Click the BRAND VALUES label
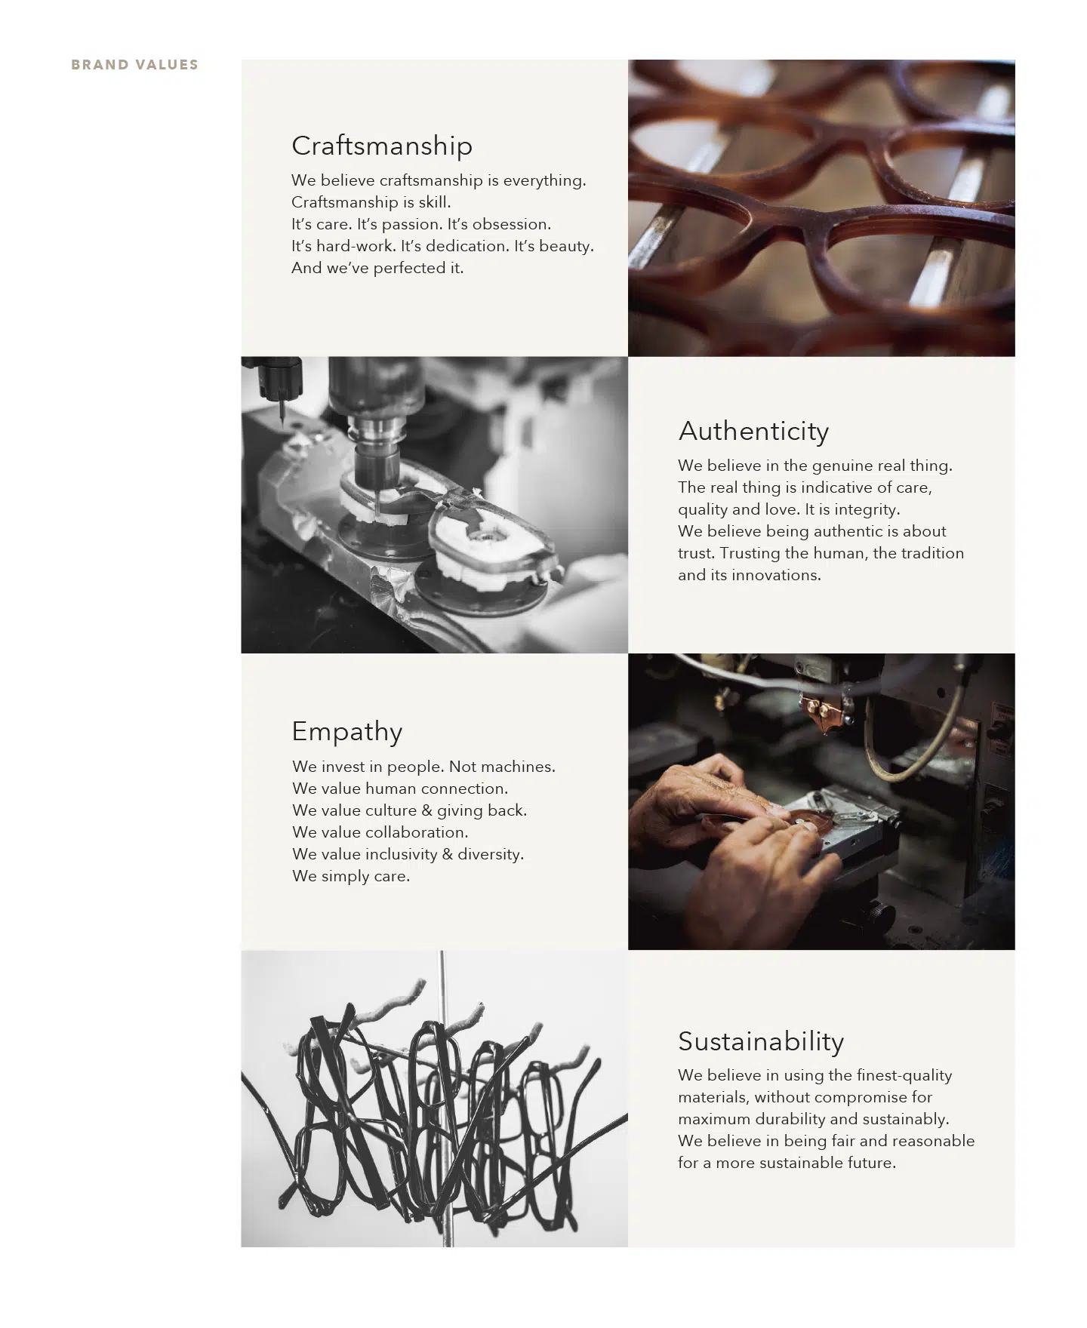point(134,65)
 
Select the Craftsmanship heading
point(382,146)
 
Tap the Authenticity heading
point(753,431)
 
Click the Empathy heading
point(347,732)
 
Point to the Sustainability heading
point(761,1041)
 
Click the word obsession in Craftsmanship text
point(511,224)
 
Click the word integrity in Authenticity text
point(861,509)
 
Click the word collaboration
point(417,832)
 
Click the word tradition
point(932,553)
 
